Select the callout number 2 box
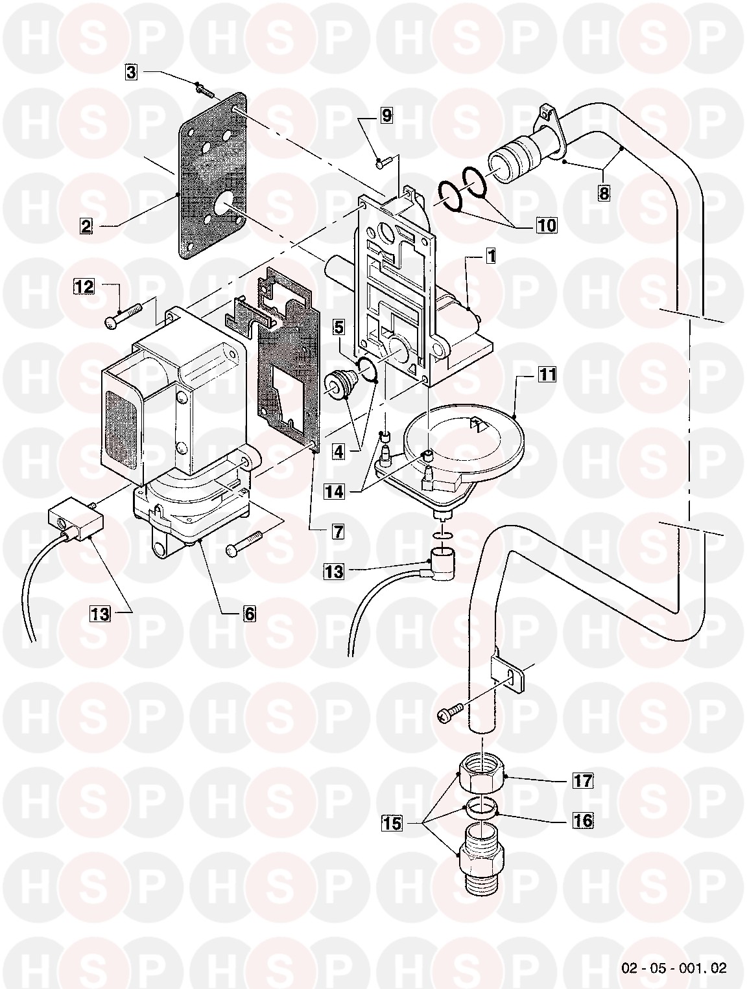coord(86,226)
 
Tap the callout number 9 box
coord(386,117)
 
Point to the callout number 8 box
coord(604,194)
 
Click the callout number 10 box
coord(546,225)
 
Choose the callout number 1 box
coord(490,257)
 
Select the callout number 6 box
coord(250,613)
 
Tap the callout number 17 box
coord(583,780)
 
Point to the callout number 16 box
coord(583,820)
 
